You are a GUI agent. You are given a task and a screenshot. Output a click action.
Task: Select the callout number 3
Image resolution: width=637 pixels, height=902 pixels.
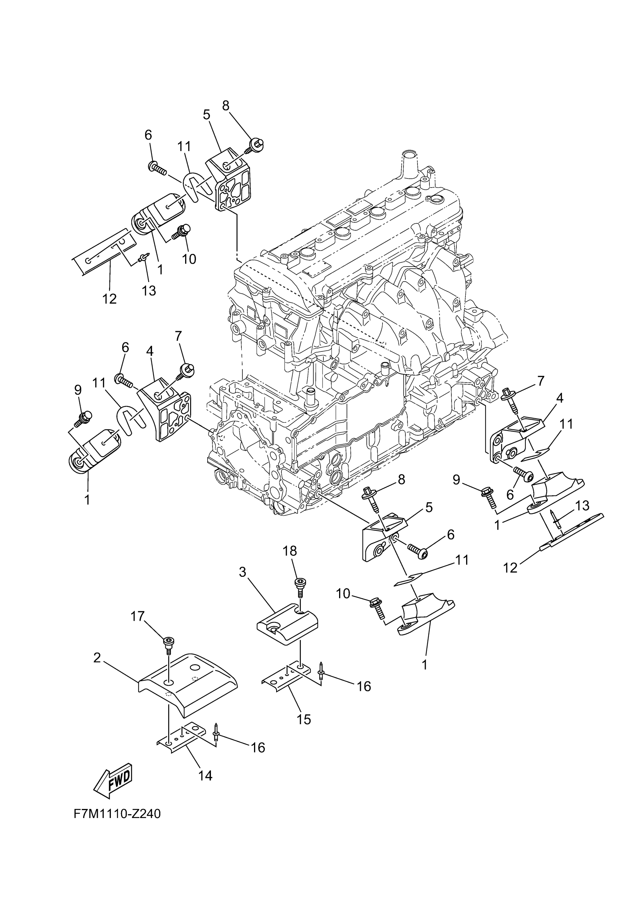pos(242,572)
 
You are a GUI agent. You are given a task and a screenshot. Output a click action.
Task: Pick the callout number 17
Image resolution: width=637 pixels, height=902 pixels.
pos(138,616)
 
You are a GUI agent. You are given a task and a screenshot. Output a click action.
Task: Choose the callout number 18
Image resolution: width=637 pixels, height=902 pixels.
pos(290,551)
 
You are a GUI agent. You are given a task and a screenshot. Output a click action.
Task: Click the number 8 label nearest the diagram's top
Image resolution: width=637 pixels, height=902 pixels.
pos(226,106)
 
